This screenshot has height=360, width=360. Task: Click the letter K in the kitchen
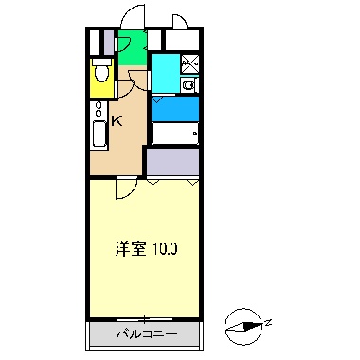[x=117, y=120]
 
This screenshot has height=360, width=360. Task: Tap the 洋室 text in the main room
[x=130, y=249]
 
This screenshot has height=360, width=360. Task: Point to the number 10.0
[x=162, y=249]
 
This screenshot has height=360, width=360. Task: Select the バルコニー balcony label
[x=145, y=334]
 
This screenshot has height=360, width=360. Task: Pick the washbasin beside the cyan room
[x=188, y=85]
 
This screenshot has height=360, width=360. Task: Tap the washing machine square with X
[x=188, y=64]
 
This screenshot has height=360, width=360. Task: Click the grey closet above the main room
[x=172, y=162]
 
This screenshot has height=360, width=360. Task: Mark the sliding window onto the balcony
[x=145, y=317]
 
